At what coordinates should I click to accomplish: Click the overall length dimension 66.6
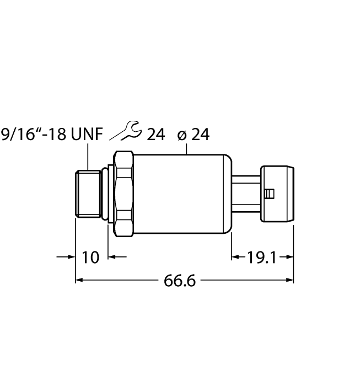(x=180, y=280)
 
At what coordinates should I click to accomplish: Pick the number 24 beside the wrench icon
(x=155, y=135)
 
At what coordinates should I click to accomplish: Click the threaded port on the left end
(x=88, y=194)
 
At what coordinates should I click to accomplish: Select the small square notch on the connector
(x=270, y=194)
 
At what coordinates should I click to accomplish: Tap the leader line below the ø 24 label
(x=188, y=148)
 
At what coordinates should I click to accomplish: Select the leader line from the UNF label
(x=88, y=157)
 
